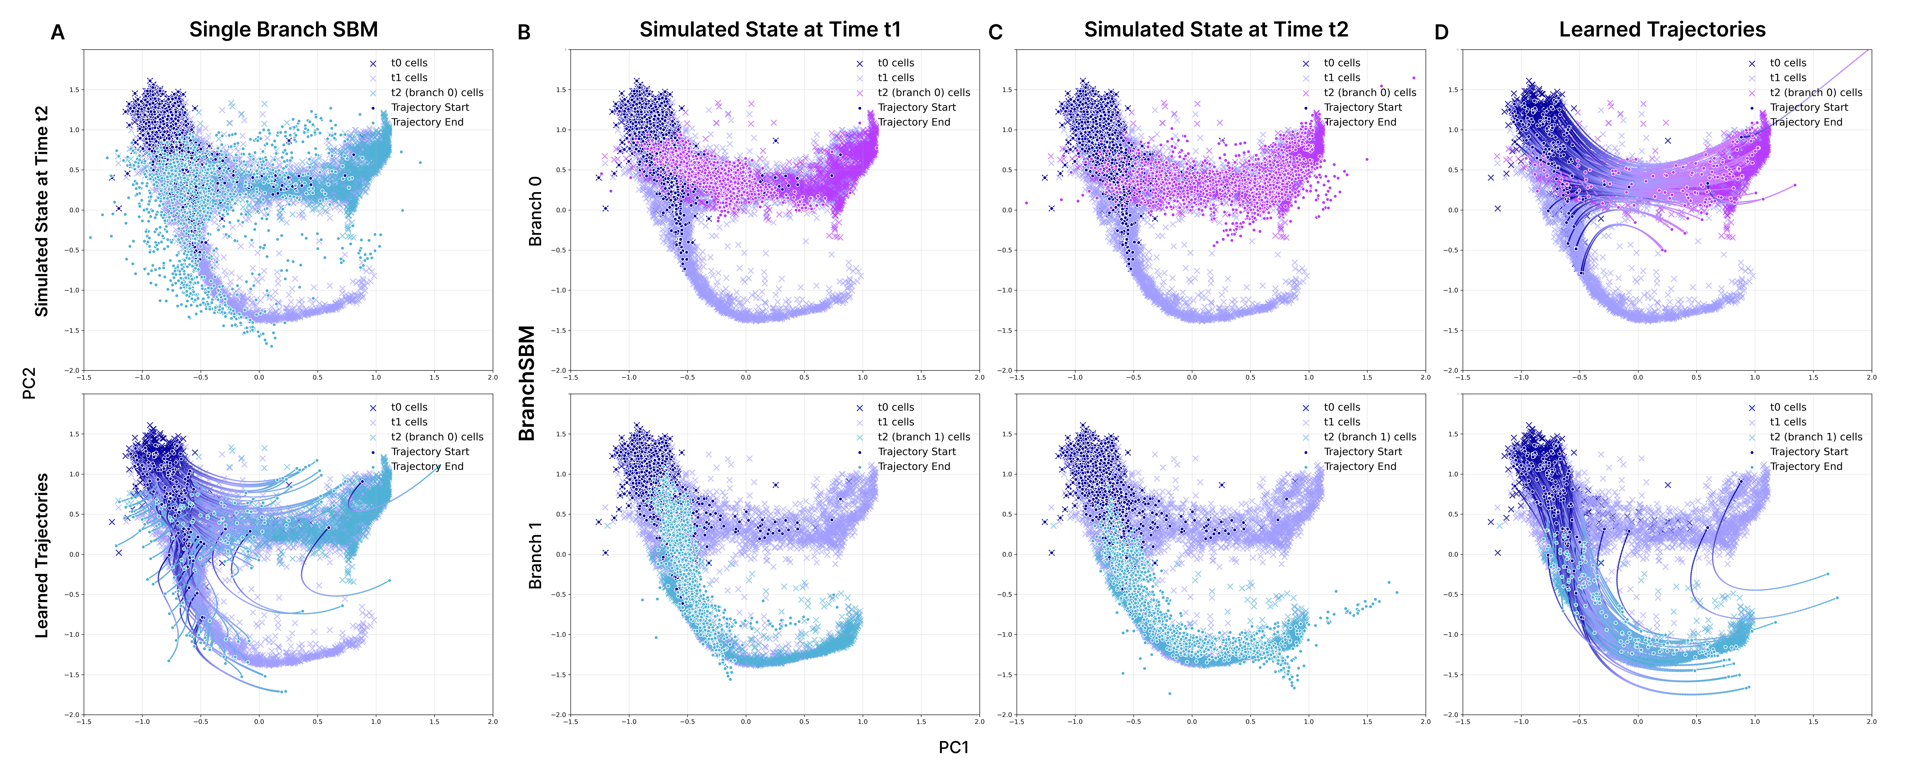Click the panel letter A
(x=58, y=33)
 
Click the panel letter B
(x=524, y=33)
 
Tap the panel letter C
(x=995, y=33)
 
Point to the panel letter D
(x=1441, y=33)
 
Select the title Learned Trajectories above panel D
(x=1662, y=30)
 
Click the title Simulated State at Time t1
(x=770, y=30)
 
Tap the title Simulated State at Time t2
(x=1216, y=30)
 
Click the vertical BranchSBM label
(x=527, y=383)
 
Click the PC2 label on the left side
(x=30, y=383)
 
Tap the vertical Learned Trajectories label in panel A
(x=42, y=555)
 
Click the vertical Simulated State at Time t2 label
(x=42, y=211)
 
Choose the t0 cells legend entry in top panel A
(x=409, y=63)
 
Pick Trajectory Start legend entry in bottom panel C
(x=1363, y=452)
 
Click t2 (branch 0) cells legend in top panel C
(x=1370, y=92)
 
